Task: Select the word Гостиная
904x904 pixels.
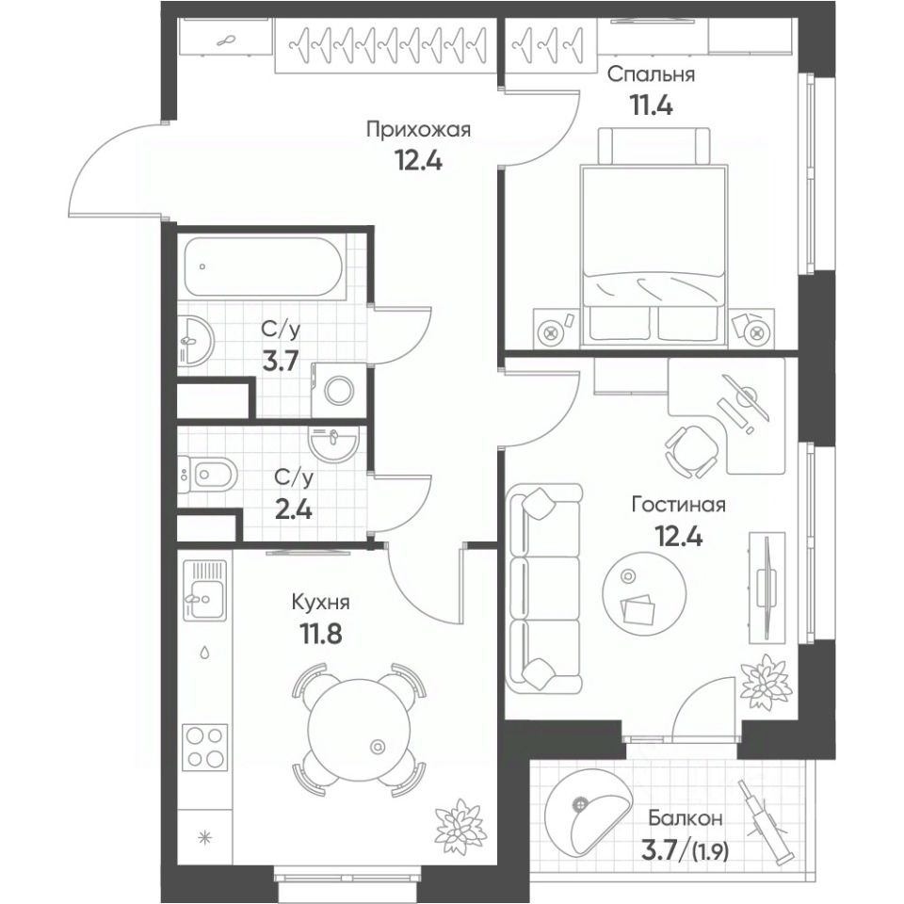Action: [678, 505]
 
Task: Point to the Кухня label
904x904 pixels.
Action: [315, 601]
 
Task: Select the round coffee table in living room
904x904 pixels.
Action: [643, 594]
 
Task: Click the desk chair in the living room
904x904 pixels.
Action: [691, 446]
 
